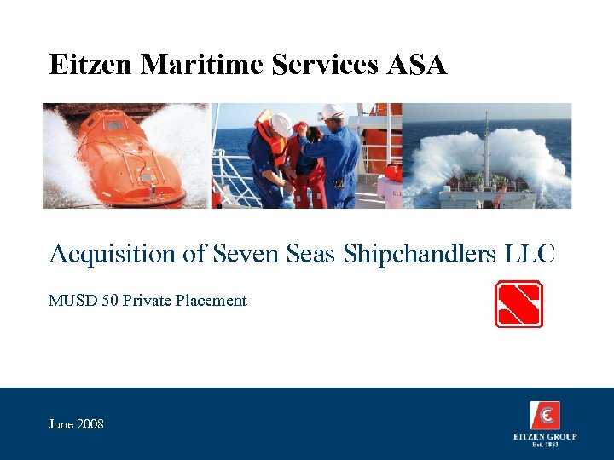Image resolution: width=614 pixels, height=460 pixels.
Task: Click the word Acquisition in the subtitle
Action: tap(123, 254)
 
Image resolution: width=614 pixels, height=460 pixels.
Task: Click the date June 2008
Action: tap(77, 423)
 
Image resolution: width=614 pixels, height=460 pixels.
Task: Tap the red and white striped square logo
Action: tap(518, 304)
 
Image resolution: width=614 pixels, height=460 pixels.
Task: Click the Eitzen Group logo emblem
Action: tap(545, 416)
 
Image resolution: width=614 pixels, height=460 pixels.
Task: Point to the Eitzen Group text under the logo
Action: tap(545, 437)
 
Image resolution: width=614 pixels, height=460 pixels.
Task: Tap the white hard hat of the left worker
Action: tap(281, 124)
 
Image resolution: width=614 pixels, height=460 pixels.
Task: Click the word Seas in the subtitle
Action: tap(310, 254)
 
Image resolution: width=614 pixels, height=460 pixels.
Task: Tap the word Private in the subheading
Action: tap(146, 301)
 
